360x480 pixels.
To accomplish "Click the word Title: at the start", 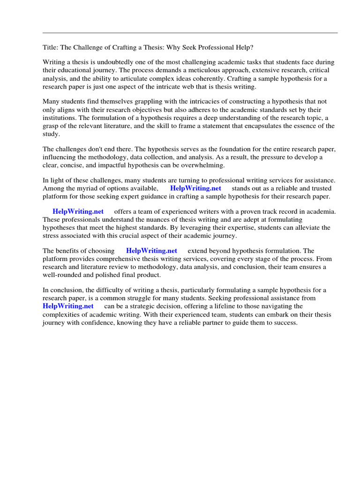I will (51, 47).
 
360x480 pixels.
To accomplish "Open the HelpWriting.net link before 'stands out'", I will (195, 188).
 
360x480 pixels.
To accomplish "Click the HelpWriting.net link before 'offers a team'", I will (78, 212).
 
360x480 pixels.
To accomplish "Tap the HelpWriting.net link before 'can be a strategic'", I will (68, 306).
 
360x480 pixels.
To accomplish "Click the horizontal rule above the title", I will (190, 33).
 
